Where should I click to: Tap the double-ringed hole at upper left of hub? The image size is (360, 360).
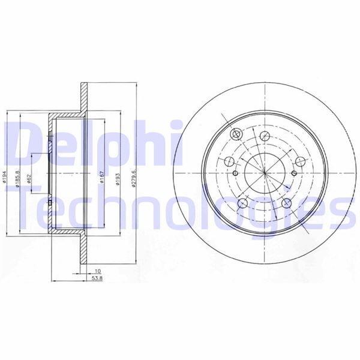coord(235,133)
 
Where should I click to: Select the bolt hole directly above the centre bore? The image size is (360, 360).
coord(265,135)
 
